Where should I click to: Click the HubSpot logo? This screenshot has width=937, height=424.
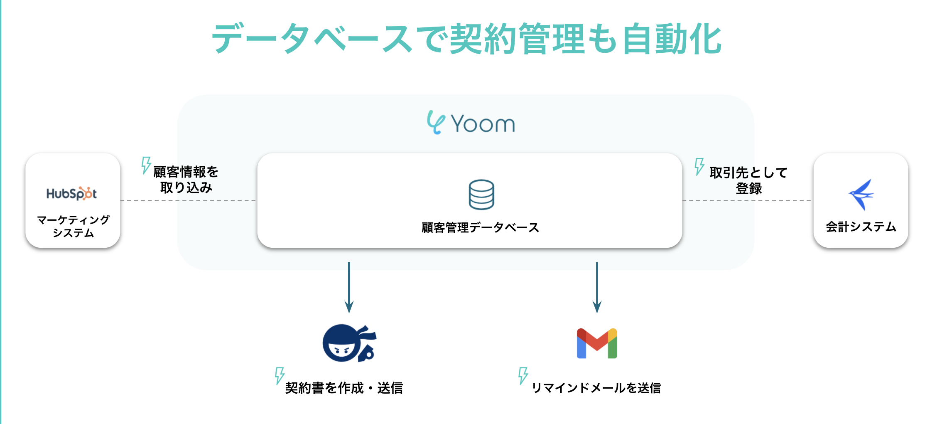[71, 194]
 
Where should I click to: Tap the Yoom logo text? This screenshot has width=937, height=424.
[483, 124]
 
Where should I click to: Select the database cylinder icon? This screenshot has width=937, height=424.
[481, 195]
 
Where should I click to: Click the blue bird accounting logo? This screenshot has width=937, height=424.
[861, 194]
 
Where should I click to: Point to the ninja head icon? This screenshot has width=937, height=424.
[348, 343]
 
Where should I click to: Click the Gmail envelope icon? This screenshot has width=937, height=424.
[597, 343]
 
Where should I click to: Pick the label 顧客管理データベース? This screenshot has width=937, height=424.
[480, 227]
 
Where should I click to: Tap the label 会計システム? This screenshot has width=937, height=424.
[861, 227]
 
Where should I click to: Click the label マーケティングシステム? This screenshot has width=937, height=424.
[73, 226]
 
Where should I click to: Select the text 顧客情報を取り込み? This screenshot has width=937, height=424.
[186, 180]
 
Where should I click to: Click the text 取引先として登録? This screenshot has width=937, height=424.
[748, 180]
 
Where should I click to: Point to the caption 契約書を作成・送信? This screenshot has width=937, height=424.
[344, 388]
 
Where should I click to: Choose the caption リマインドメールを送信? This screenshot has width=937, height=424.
[596, 388]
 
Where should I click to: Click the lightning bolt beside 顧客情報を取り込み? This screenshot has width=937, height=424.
[146, 165]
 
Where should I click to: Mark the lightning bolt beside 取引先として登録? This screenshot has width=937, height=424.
[699, 166]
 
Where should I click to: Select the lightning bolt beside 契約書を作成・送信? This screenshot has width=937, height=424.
[280, 375]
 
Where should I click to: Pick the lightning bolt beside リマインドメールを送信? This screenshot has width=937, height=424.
[523, 375]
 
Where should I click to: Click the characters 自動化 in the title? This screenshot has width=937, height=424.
[672, 39]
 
